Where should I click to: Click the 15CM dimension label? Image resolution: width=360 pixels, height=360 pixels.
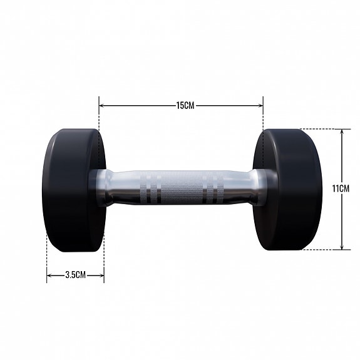point(185,106)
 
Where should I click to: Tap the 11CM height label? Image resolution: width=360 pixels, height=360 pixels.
point(342,188)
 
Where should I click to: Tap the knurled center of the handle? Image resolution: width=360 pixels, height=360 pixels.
point(182,187)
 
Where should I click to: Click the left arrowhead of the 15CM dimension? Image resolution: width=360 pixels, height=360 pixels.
point(101,106)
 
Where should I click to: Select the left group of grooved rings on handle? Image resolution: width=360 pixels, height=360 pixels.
point(151,187)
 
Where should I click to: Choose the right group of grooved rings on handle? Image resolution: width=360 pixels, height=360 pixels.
point(212,187)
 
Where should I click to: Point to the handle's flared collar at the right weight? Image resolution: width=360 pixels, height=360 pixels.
point(257,187)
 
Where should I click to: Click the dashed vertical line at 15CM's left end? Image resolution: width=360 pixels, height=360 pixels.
point(99,119)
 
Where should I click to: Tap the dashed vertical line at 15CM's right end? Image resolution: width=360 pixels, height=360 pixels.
point(263,119)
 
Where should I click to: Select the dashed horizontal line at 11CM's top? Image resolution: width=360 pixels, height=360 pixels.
point(322,129)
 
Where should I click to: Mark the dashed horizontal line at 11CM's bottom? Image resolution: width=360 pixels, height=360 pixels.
point(322,250)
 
